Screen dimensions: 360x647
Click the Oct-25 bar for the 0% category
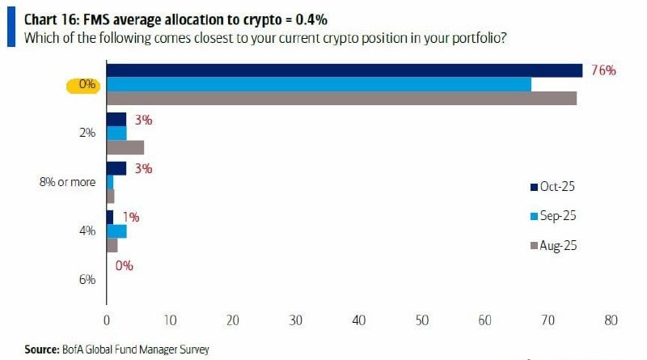[x=344, y=70]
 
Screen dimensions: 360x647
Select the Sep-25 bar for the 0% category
[x=319, y=84]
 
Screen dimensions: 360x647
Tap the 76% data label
[x=603, y=70]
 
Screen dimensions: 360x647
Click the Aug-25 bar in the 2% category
[x=125, y=147]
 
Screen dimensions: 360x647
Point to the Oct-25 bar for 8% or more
[x=116, y=168]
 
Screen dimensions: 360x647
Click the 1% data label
[x=132, y=217]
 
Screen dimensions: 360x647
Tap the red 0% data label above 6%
[x=124, y=265]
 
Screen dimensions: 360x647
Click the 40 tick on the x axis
[x=358, y=320]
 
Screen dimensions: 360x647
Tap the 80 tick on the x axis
[x=610, y=320]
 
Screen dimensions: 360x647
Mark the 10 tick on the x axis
[x=169, y=320]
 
